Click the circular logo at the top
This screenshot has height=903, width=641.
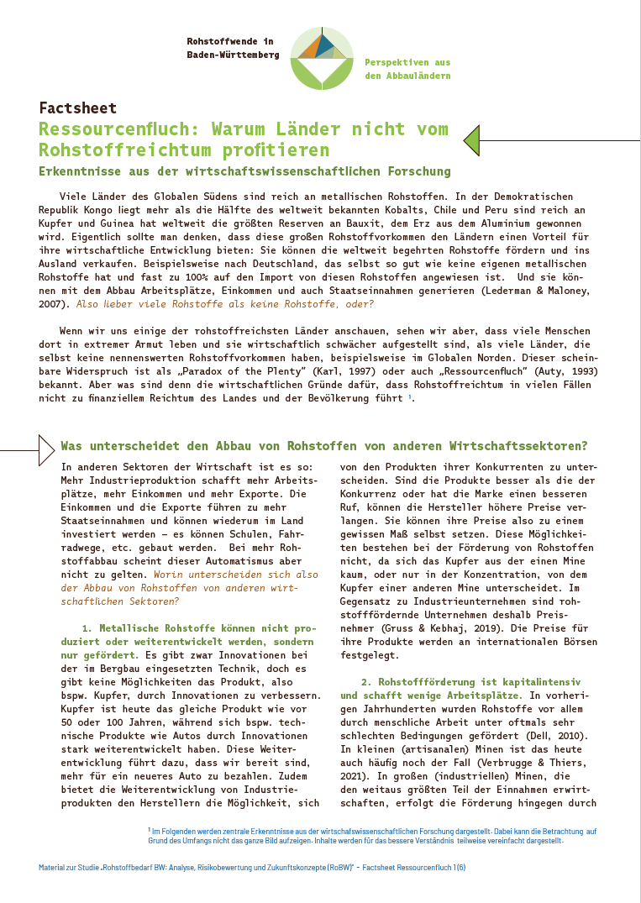(321, 56)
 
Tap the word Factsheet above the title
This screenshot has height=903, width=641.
(77, 108)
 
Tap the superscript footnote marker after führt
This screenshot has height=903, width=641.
(409, 396)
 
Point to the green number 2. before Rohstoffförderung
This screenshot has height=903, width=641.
(365, 682)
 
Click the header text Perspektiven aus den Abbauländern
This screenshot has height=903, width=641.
(407, 70)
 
